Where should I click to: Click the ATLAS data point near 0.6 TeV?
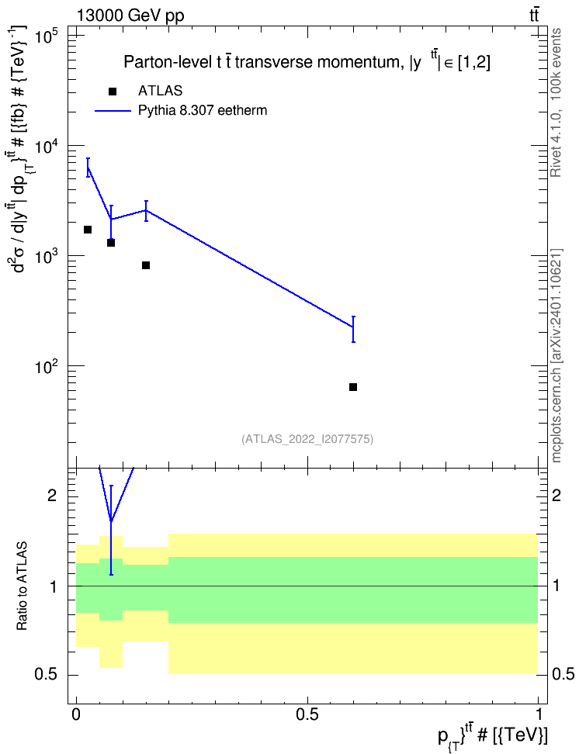[353, 387]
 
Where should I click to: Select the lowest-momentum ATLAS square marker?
[88, 230]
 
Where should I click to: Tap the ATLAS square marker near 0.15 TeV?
[146, 265]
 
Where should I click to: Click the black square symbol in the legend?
[113, 92]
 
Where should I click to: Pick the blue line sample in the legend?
[113, 111]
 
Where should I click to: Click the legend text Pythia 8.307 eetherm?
[202, 111]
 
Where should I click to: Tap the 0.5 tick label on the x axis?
[307, 714]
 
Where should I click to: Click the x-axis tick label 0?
[76, 714]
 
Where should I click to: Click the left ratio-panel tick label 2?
[52, 495]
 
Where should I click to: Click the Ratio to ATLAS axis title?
[22, 586]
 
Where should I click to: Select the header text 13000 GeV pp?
[130, 16]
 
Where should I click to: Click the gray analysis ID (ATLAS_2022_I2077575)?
[307, 438]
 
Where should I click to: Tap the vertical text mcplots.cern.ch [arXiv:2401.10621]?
[556, 355]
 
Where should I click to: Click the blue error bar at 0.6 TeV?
[353, 329]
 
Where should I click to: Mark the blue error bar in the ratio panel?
[111, 530]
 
